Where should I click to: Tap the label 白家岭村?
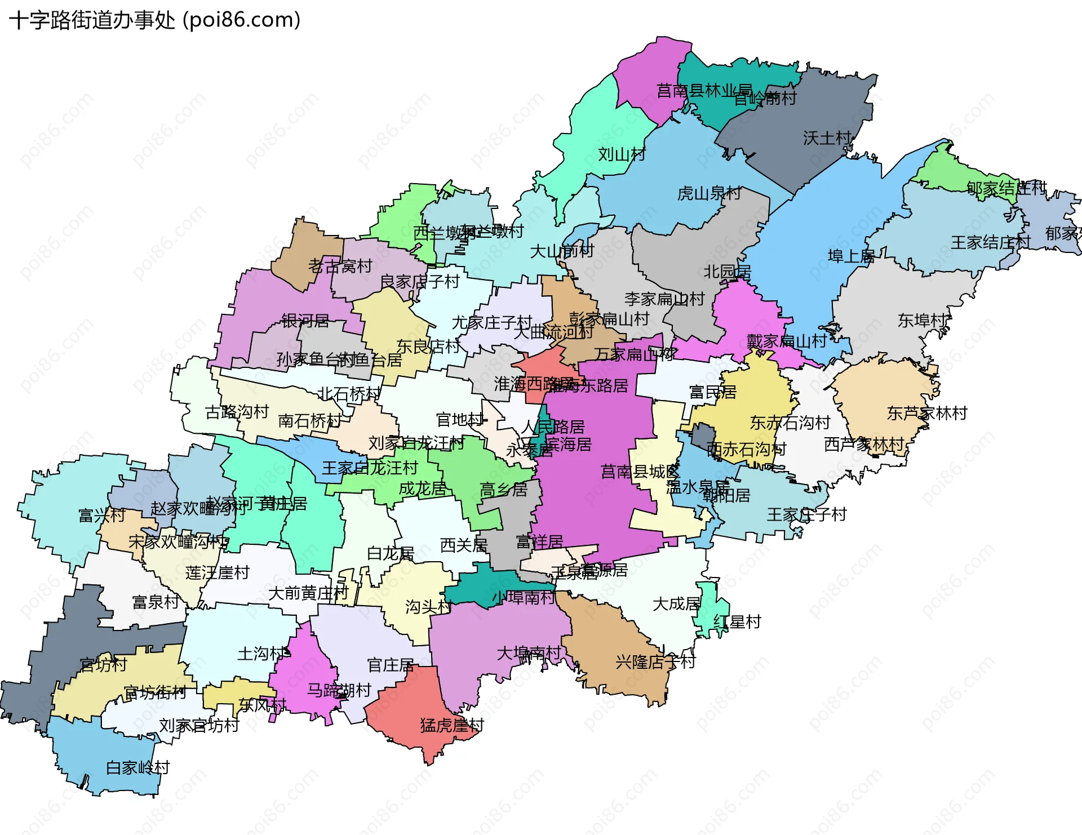pos(138,768)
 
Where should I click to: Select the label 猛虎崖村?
pos(451,725)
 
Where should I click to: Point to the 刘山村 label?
pos(621,154)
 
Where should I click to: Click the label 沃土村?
pos(827,138)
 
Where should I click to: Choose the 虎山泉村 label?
pos(708,194)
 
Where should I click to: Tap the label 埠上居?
pos(850,257)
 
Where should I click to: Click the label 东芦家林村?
pos(926,414)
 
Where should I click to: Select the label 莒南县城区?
pos(640,472)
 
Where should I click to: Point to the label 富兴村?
pos(101,516)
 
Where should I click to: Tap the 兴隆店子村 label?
pos(655,662)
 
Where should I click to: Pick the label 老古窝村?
pos(340,266)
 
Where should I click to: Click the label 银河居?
pos(305,321)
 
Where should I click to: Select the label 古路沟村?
pos(237,412)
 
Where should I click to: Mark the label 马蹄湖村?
pos(339,690)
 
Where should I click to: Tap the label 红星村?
pos(737,622)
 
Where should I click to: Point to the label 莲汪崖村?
pos(217,573)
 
